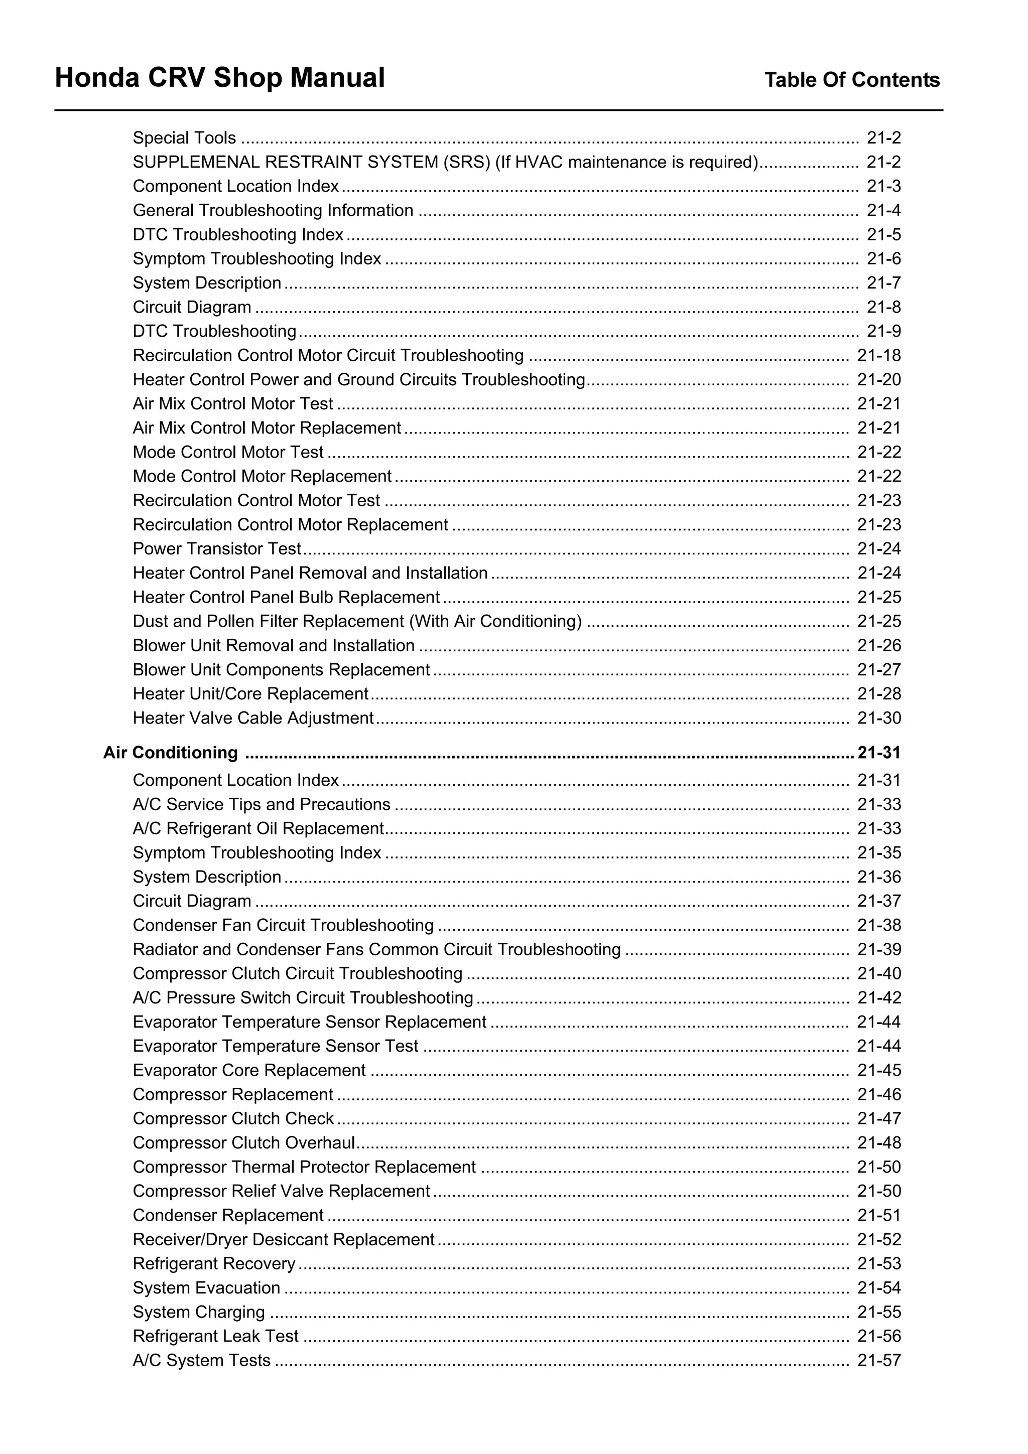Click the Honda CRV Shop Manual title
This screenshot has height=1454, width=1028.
point(220,78)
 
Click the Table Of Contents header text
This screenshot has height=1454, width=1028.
point(851,80)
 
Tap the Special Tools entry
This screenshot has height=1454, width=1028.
point(184,138)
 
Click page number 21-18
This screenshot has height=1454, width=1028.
point(878,355)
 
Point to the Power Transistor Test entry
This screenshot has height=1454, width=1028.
point(217,548)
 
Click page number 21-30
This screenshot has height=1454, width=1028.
point(878,718)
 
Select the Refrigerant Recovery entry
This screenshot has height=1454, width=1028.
point(214,1263)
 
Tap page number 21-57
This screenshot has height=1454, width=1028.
point(878,1360)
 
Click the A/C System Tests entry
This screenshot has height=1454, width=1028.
point(201,1360)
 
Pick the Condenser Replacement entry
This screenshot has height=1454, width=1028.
point(228,1215)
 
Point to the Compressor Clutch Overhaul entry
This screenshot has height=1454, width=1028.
point(244,1142)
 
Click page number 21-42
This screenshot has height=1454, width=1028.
point(878,997)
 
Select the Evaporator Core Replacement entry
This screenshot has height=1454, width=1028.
point(249,1070)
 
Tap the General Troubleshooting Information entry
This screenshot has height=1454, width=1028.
point(273,210)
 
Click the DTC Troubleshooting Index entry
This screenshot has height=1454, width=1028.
point(238,235)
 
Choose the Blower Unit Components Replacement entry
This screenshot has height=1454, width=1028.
point(281,670)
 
